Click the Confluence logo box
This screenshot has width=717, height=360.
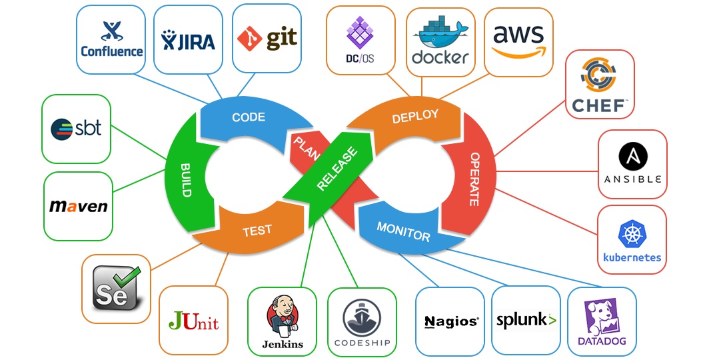(x=111, y=39)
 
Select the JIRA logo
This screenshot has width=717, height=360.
(x=189, y=41)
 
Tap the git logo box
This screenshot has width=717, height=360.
(x=267, y=39)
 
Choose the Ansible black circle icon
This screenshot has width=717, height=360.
(x=632, y=156)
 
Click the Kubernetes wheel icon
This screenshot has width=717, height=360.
(x=631, y=234)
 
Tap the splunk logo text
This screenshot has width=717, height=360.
(x=526, y=321)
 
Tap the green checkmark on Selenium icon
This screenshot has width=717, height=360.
(x=126, y=274)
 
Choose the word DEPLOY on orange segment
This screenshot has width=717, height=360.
(x=415, y=117)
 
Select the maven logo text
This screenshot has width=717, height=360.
(x=78, y=206)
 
